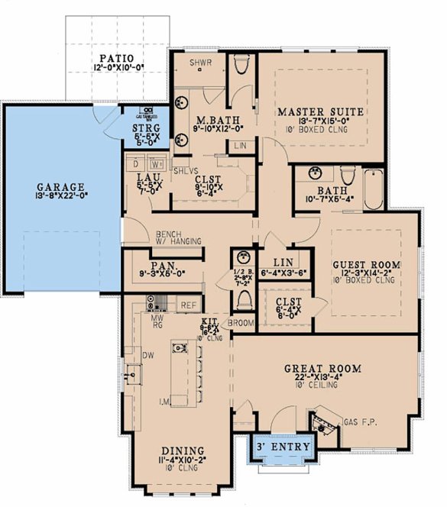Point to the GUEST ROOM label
[x=366, y=265]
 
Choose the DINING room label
[x=182, y=450]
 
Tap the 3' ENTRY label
[x=282, y=446]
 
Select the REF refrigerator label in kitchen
[x=188, y=305]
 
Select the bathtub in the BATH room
[x=374, y=191]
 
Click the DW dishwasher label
[x=150, y=355]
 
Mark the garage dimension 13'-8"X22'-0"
[x=61, y=196]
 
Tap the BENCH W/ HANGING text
[x=178, y=237]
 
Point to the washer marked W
[x=156, y=163]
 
